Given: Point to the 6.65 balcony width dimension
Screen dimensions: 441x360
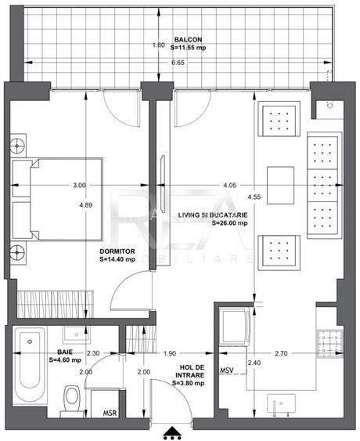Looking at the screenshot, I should coord(178,62).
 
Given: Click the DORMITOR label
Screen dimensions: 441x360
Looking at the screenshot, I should coord(116,251).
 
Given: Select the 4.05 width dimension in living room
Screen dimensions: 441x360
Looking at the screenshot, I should coord(229,186).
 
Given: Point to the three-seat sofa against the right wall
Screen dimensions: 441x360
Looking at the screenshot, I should coord(323,185).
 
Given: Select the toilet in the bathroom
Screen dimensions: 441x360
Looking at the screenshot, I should coord(71,396).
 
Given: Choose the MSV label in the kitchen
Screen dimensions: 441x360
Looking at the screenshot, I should coord(227,370).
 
